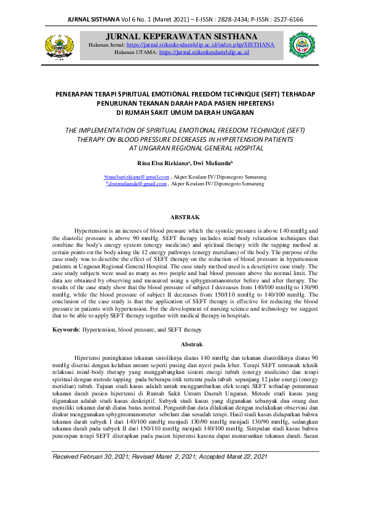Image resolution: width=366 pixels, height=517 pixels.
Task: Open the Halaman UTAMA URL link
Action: click(x=204, y=53)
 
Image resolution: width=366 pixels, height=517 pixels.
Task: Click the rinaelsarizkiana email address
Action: click(x=137, y=176)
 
